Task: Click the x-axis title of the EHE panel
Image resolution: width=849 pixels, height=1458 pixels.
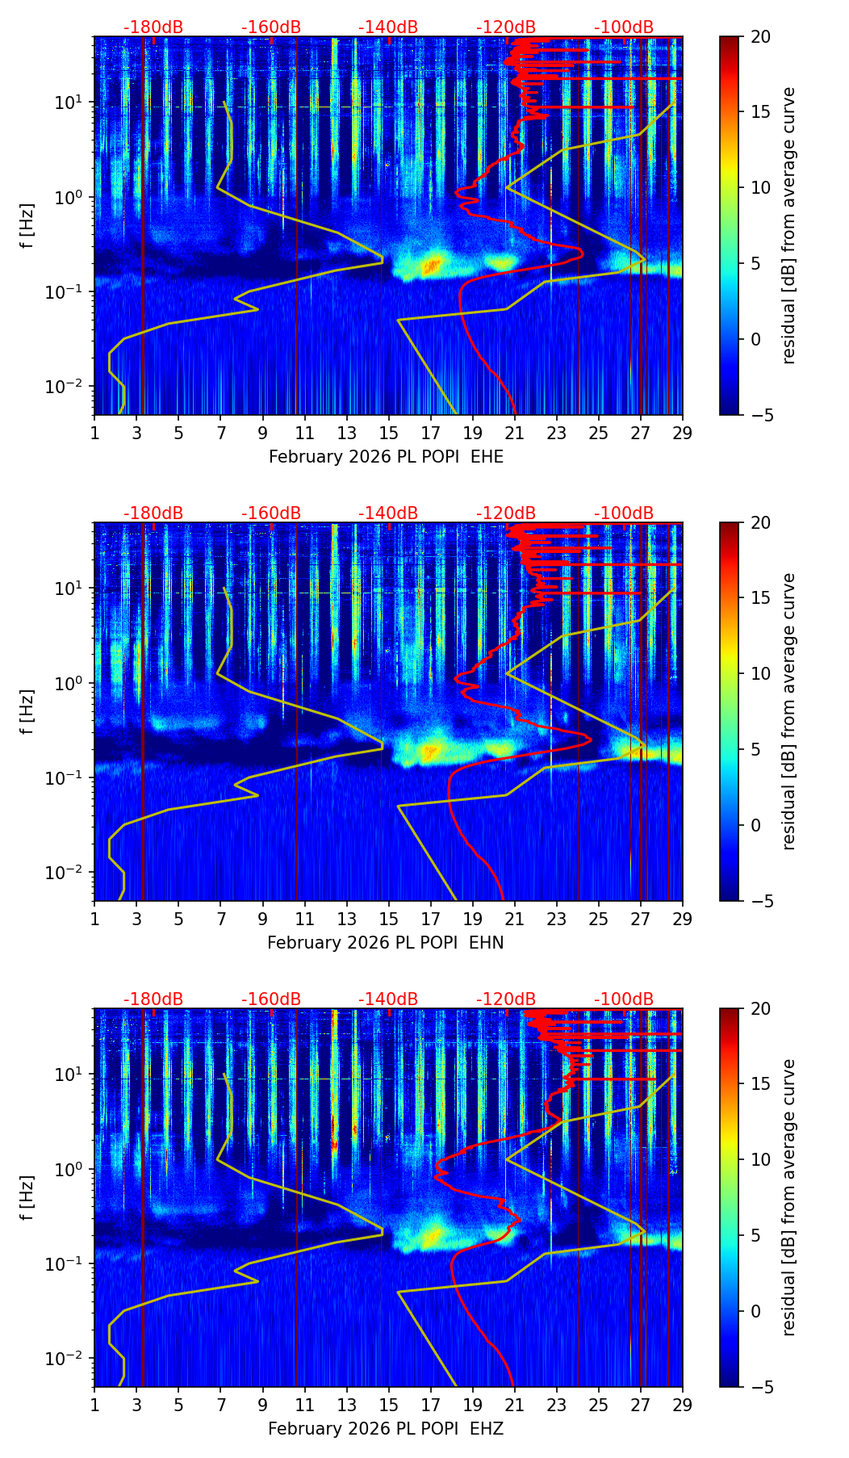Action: tap(386, 457)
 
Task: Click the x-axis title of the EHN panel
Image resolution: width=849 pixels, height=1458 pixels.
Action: tap(386, 943)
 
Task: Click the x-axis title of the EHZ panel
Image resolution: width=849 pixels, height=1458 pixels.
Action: tap(386, 1429)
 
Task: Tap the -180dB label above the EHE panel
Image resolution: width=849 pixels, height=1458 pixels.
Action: tap(153, 27)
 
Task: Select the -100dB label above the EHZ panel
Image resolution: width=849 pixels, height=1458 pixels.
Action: tap(624, 999)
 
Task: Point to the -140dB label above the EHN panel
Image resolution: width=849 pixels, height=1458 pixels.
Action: tap(388, 513)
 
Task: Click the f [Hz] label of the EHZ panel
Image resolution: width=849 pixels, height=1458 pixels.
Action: tap(27, 1197)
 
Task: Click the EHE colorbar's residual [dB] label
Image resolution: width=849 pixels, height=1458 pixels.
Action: tap(788, 225)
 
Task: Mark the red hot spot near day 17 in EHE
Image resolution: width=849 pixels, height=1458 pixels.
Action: tap(433, 263)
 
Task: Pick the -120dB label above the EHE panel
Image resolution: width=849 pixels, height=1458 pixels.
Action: tap(506, 27)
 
